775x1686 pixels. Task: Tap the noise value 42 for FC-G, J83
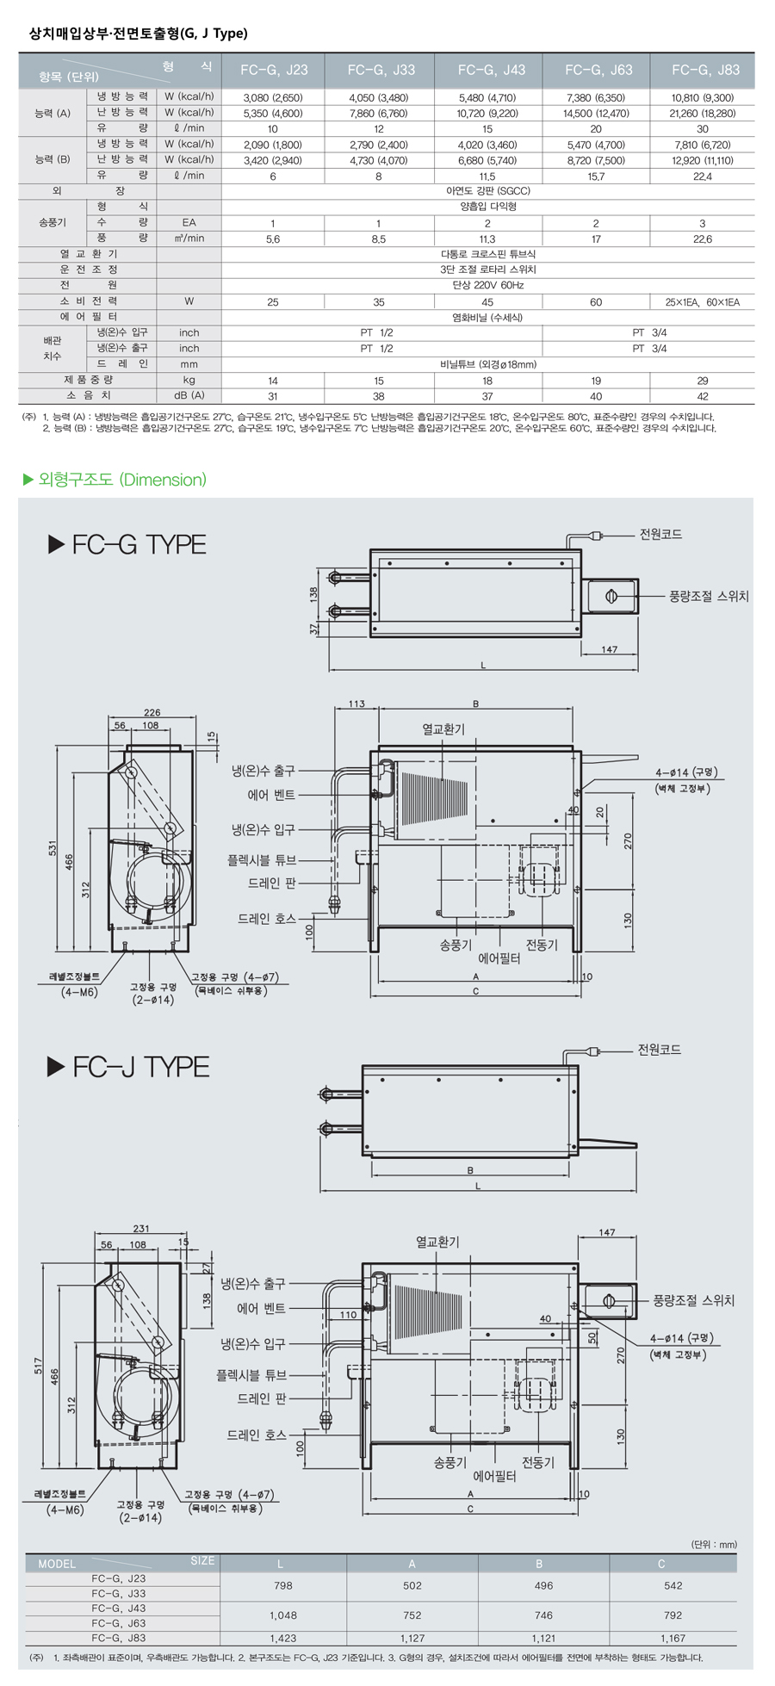coord(703,396)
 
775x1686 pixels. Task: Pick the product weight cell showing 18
coord(487,381)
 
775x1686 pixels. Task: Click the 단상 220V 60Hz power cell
coord(487,285)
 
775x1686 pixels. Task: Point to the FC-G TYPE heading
coord(127,544)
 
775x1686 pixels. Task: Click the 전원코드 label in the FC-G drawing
coord(660,535)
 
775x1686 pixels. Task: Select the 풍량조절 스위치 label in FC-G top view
coord(709,596)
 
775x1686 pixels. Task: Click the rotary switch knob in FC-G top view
coord(611,596)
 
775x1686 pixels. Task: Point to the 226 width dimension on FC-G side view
coord(152,712)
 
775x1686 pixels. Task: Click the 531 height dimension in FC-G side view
coord(53,848)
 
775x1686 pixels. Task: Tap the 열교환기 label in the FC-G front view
coord(443,729)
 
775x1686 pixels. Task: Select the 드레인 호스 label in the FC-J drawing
coord(256,1435)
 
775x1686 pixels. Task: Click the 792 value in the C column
coord(673,1615)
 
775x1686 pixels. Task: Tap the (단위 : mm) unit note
coord(714,1544)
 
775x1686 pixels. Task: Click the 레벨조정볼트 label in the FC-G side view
coord(74,977)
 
